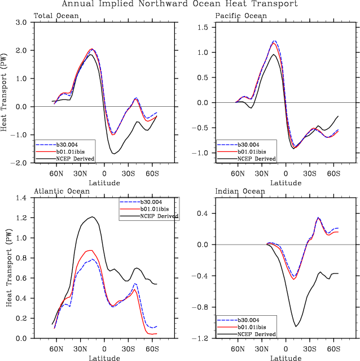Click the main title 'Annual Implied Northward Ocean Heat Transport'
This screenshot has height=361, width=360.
(x=179, y=5)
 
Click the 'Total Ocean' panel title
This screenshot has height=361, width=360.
(x=56, y=16)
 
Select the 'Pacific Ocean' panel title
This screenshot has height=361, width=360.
(x=241, y=16)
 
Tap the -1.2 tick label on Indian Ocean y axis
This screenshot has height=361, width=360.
(x=203, y=338)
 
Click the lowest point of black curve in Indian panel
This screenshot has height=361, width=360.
(x=296, y=327)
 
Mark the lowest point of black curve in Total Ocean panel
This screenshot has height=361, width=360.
(x=115, y=154)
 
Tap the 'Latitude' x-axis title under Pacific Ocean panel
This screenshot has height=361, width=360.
(x=286, y=182)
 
